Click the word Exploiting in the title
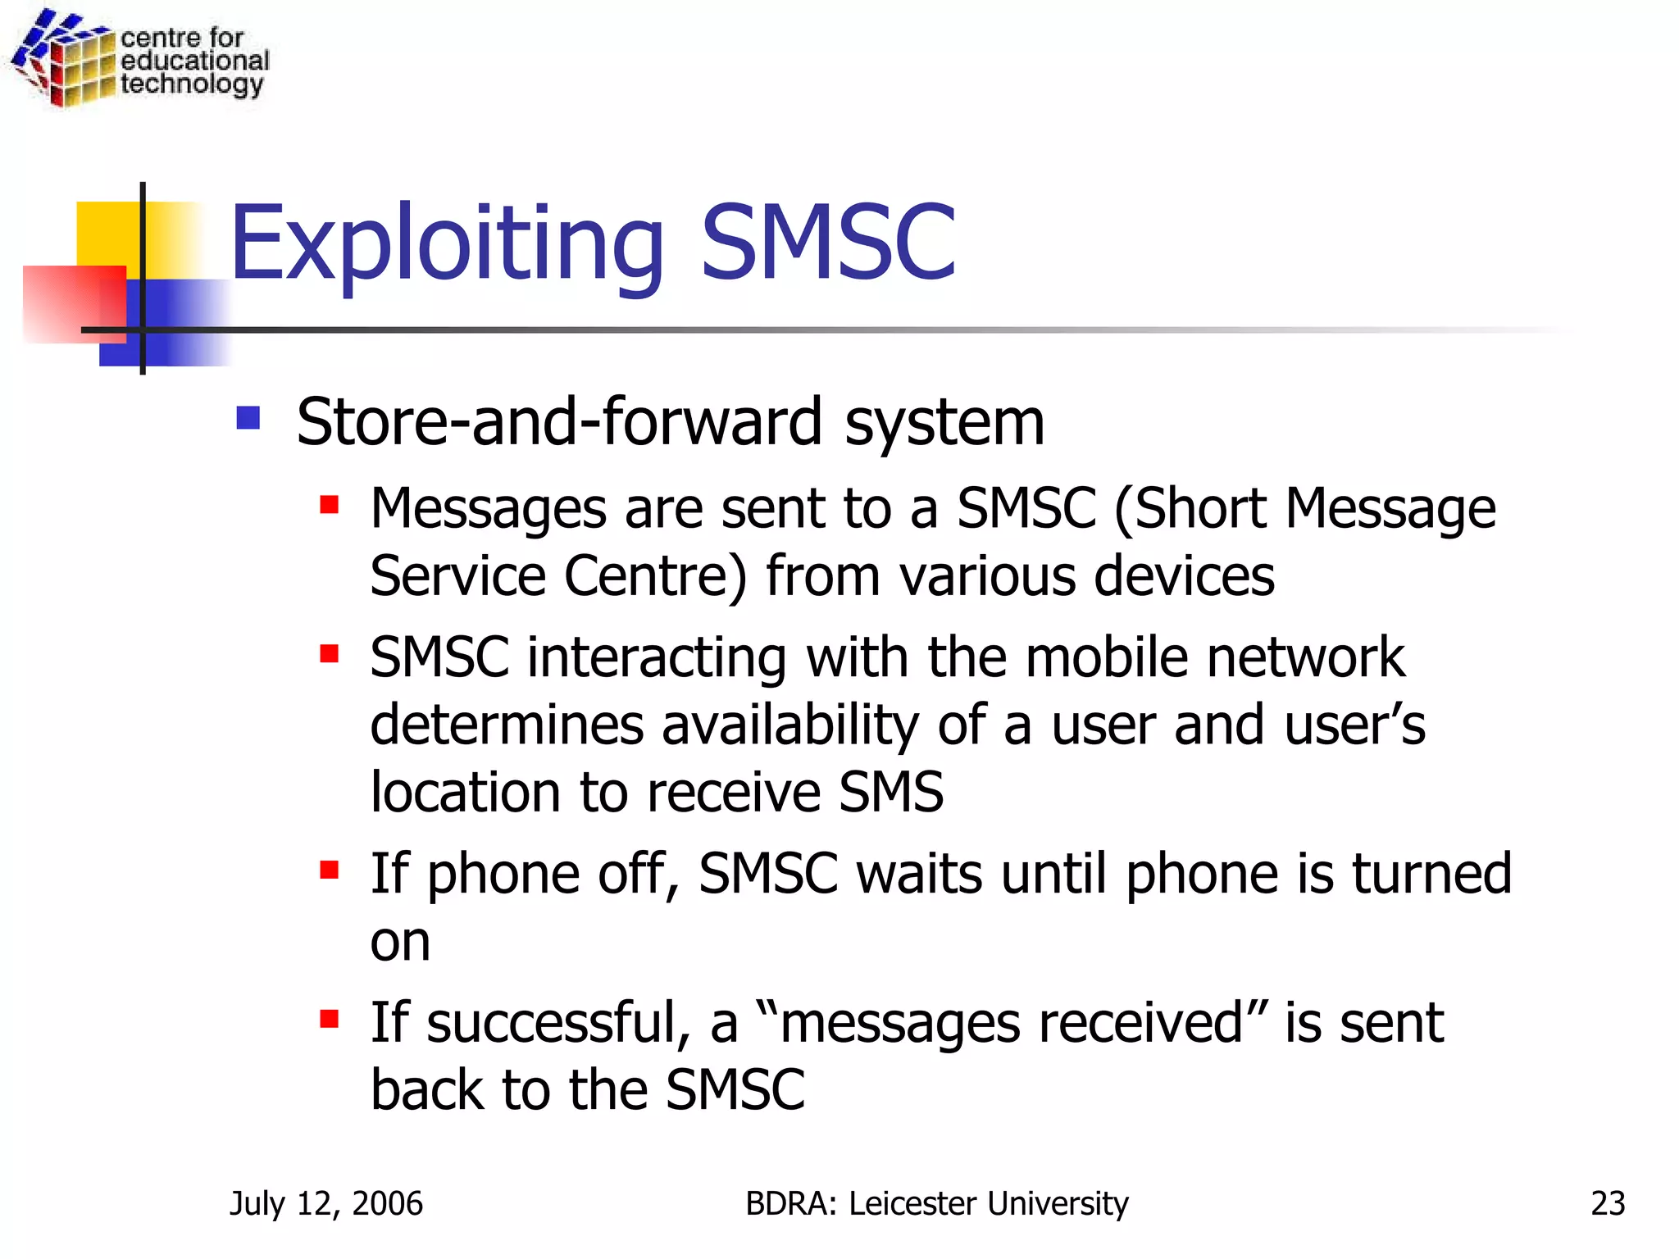coord(447,243)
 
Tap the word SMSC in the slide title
coord(828,243)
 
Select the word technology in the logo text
coord(192,84)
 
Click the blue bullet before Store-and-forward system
coord(248,418)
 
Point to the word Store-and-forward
coord(558,421)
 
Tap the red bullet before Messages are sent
coord(330,504)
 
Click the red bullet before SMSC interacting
coord(330,653)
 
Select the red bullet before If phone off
coord(330,870)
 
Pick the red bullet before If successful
coord(330,1019)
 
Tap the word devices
coord(1184,576)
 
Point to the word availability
coord(789,726)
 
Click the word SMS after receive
coord(891,793)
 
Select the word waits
coord(918,874)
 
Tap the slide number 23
coord(1608,1203)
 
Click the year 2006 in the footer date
coord(387,1203)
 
